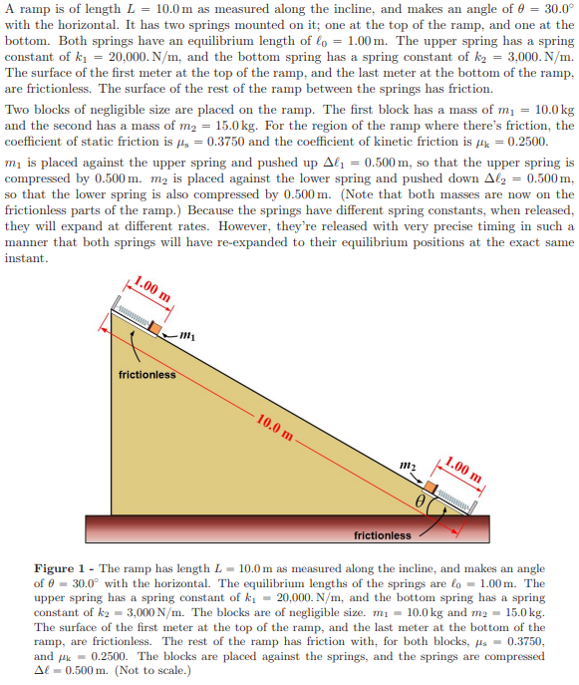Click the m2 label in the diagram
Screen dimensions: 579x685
[407, 466]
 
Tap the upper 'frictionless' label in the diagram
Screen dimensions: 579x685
[146, 375]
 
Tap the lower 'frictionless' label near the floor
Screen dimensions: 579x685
[383, 535]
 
